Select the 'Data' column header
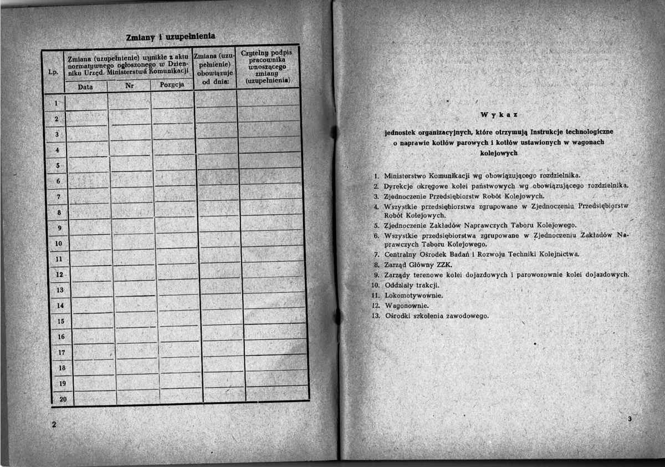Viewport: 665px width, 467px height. pos(85,87)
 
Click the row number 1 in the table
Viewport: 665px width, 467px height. pos(57,103)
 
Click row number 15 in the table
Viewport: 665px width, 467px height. pos(61,321)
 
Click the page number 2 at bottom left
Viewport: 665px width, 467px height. pos(54,424)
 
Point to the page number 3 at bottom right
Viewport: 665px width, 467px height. pos(630,419)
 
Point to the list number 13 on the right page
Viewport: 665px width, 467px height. pos(375,316)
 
